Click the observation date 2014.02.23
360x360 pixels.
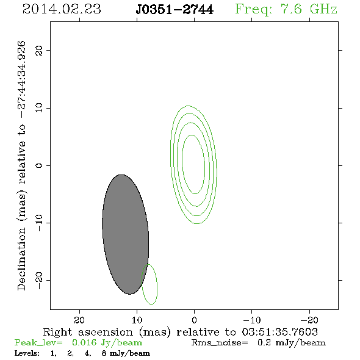click(62, 9)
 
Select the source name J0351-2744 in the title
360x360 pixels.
click(175, 10)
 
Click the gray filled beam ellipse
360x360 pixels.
click(125, 234)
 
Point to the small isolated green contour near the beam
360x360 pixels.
click(157, 285)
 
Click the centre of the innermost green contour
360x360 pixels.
click(193, 164)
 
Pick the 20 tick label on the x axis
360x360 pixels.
click(79, 320)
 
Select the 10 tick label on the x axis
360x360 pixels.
click(137, 320)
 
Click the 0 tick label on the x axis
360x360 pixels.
click(194, 320)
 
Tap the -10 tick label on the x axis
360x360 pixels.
click(252, 320)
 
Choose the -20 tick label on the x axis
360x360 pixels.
click(309, 320)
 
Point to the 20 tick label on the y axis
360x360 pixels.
click(39, 50)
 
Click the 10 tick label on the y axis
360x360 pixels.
click(39, 108)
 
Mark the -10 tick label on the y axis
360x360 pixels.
click(39, 223)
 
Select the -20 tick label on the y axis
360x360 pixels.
click(39, 280)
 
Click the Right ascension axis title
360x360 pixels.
click(181, 332)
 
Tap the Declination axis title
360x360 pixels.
click(21, 166)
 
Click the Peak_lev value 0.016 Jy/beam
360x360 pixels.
click(107, 343)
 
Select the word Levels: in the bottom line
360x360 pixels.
click(27, 353)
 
